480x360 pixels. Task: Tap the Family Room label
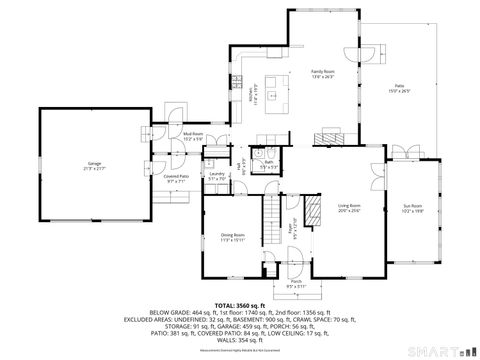pyautogui.click(x=321, y=74)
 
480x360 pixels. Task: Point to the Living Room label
pyautogui.click(x=348, y=208)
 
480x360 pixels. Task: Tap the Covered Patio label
pyautogui.click(x=179, y=180)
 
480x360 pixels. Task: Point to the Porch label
pyautogui.click(x=295, y=284)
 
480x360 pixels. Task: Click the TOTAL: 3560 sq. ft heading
pyautogui.click(x=240, y=304)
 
